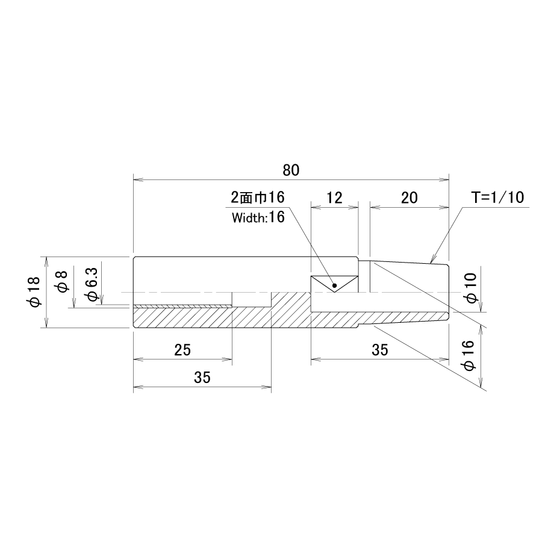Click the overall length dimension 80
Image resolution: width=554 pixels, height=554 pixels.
[x=291, y=170]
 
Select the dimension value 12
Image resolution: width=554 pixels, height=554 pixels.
[x=334, y=198]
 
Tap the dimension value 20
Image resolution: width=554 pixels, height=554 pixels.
[x=409, y=198]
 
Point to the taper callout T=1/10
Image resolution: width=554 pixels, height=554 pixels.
[x=497, y=198]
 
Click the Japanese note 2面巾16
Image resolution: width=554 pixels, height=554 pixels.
[x=258, y=198]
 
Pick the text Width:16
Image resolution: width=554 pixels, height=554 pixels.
[x=258, y=217]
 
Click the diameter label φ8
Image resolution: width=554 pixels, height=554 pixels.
[x=63, y=282]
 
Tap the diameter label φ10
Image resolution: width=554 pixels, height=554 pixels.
[x=472, y=288]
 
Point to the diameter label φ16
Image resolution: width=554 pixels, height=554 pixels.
[x=469, y=355]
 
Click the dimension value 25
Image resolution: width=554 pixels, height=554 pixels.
[x=182, y=350]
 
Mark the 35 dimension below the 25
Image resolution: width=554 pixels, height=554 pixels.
[x=202, y=378]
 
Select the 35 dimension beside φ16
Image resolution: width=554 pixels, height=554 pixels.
[x=380, y=350]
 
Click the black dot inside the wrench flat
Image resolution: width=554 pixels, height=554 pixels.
[x=335, y=285]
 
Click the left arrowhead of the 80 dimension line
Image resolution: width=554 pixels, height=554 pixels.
[x=138, y=180]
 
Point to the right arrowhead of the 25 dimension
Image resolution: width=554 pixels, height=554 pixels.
[x=228, y=359]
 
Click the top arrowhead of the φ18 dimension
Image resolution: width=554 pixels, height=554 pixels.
[x=46, y=261]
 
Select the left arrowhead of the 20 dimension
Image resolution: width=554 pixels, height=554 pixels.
[x=375, y=207]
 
